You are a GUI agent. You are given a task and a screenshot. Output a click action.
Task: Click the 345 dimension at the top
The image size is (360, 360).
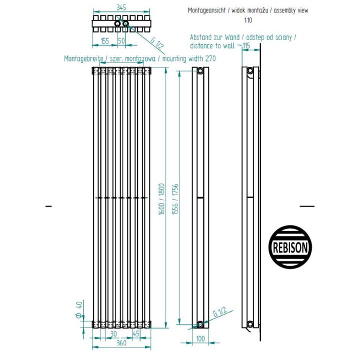121,7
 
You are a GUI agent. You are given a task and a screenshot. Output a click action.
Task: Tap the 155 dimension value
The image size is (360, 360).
105,41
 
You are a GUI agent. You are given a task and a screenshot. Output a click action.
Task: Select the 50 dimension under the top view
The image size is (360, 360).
121,41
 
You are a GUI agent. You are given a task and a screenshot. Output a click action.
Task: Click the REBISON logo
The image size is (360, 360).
290,247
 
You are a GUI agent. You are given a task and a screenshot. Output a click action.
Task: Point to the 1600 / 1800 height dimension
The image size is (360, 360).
161,199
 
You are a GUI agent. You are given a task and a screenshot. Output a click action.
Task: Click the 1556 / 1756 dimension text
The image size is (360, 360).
175,199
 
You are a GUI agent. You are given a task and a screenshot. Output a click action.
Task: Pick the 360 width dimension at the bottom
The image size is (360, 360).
121,343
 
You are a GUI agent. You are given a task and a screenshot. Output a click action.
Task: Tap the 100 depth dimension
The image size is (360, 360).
200,338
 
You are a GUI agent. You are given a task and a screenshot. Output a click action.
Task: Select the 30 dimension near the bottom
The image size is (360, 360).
113,333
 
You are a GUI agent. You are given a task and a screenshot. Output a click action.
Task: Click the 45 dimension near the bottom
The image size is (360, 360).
136,333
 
